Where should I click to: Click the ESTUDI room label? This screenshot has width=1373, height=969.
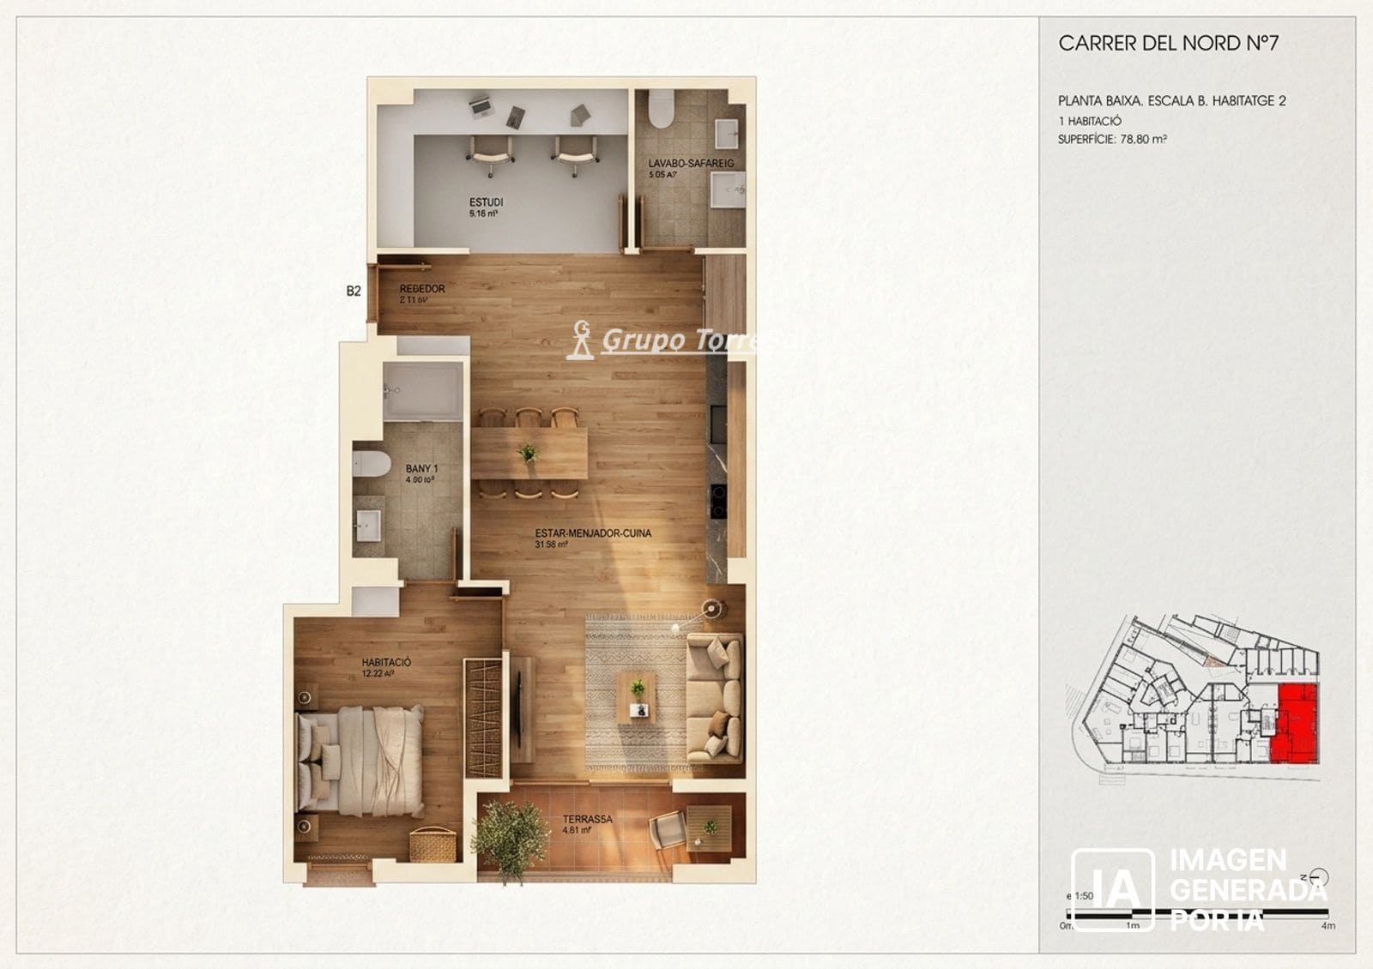(486, 202)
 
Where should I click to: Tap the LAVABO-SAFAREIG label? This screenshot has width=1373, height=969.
(691, 163)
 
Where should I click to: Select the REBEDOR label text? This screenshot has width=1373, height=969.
(422, 289)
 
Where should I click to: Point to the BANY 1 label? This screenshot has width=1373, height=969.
(421, 469)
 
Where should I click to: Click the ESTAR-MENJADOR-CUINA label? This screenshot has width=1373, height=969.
(592, 533)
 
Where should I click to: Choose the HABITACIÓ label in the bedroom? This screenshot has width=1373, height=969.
(386, 663)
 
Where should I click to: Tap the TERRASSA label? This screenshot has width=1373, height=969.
(587, 819)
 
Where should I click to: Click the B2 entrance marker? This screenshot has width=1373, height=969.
(354, 292)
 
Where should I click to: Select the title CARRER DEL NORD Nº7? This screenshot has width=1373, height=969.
(1168, 44)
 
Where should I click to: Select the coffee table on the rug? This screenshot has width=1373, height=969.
(636, 695)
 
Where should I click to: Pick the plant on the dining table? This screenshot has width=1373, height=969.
(528, 453)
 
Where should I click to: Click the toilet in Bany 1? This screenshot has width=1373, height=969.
(371, 463)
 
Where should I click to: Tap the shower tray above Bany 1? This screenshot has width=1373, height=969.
(422, 391)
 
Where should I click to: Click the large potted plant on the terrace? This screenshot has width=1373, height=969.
(510, 837)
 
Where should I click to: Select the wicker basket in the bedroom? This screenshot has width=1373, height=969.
(432, 845)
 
